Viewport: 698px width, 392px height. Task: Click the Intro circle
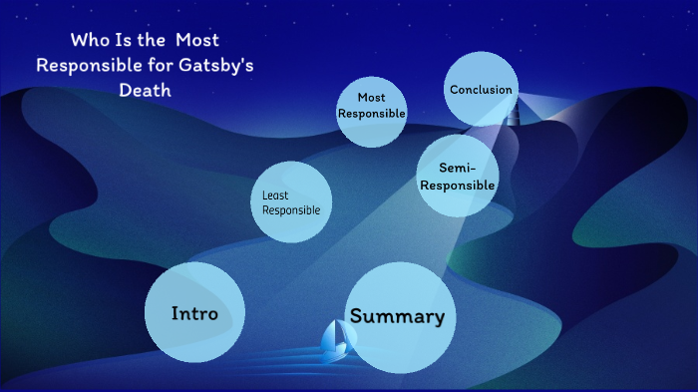click(194, 312)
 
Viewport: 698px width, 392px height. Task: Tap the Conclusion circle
click(481, 90)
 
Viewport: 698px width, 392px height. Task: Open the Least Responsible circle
click(290, 203)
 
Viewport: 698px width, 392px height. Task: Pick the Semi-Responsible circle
click(457, 177)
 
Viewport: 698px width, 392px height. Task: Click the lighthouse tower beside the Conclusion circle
click(513, 112)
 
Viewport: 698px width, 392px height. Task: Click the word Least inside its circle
click(275, 196)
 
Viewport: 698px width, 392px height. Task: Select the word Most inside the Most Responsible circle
click(371, 98)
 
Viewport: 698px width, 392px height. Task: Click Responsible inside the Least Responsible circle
click(291, 210)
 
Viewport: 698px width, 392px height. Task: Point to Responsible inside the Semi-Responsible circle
click(457, 185)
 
